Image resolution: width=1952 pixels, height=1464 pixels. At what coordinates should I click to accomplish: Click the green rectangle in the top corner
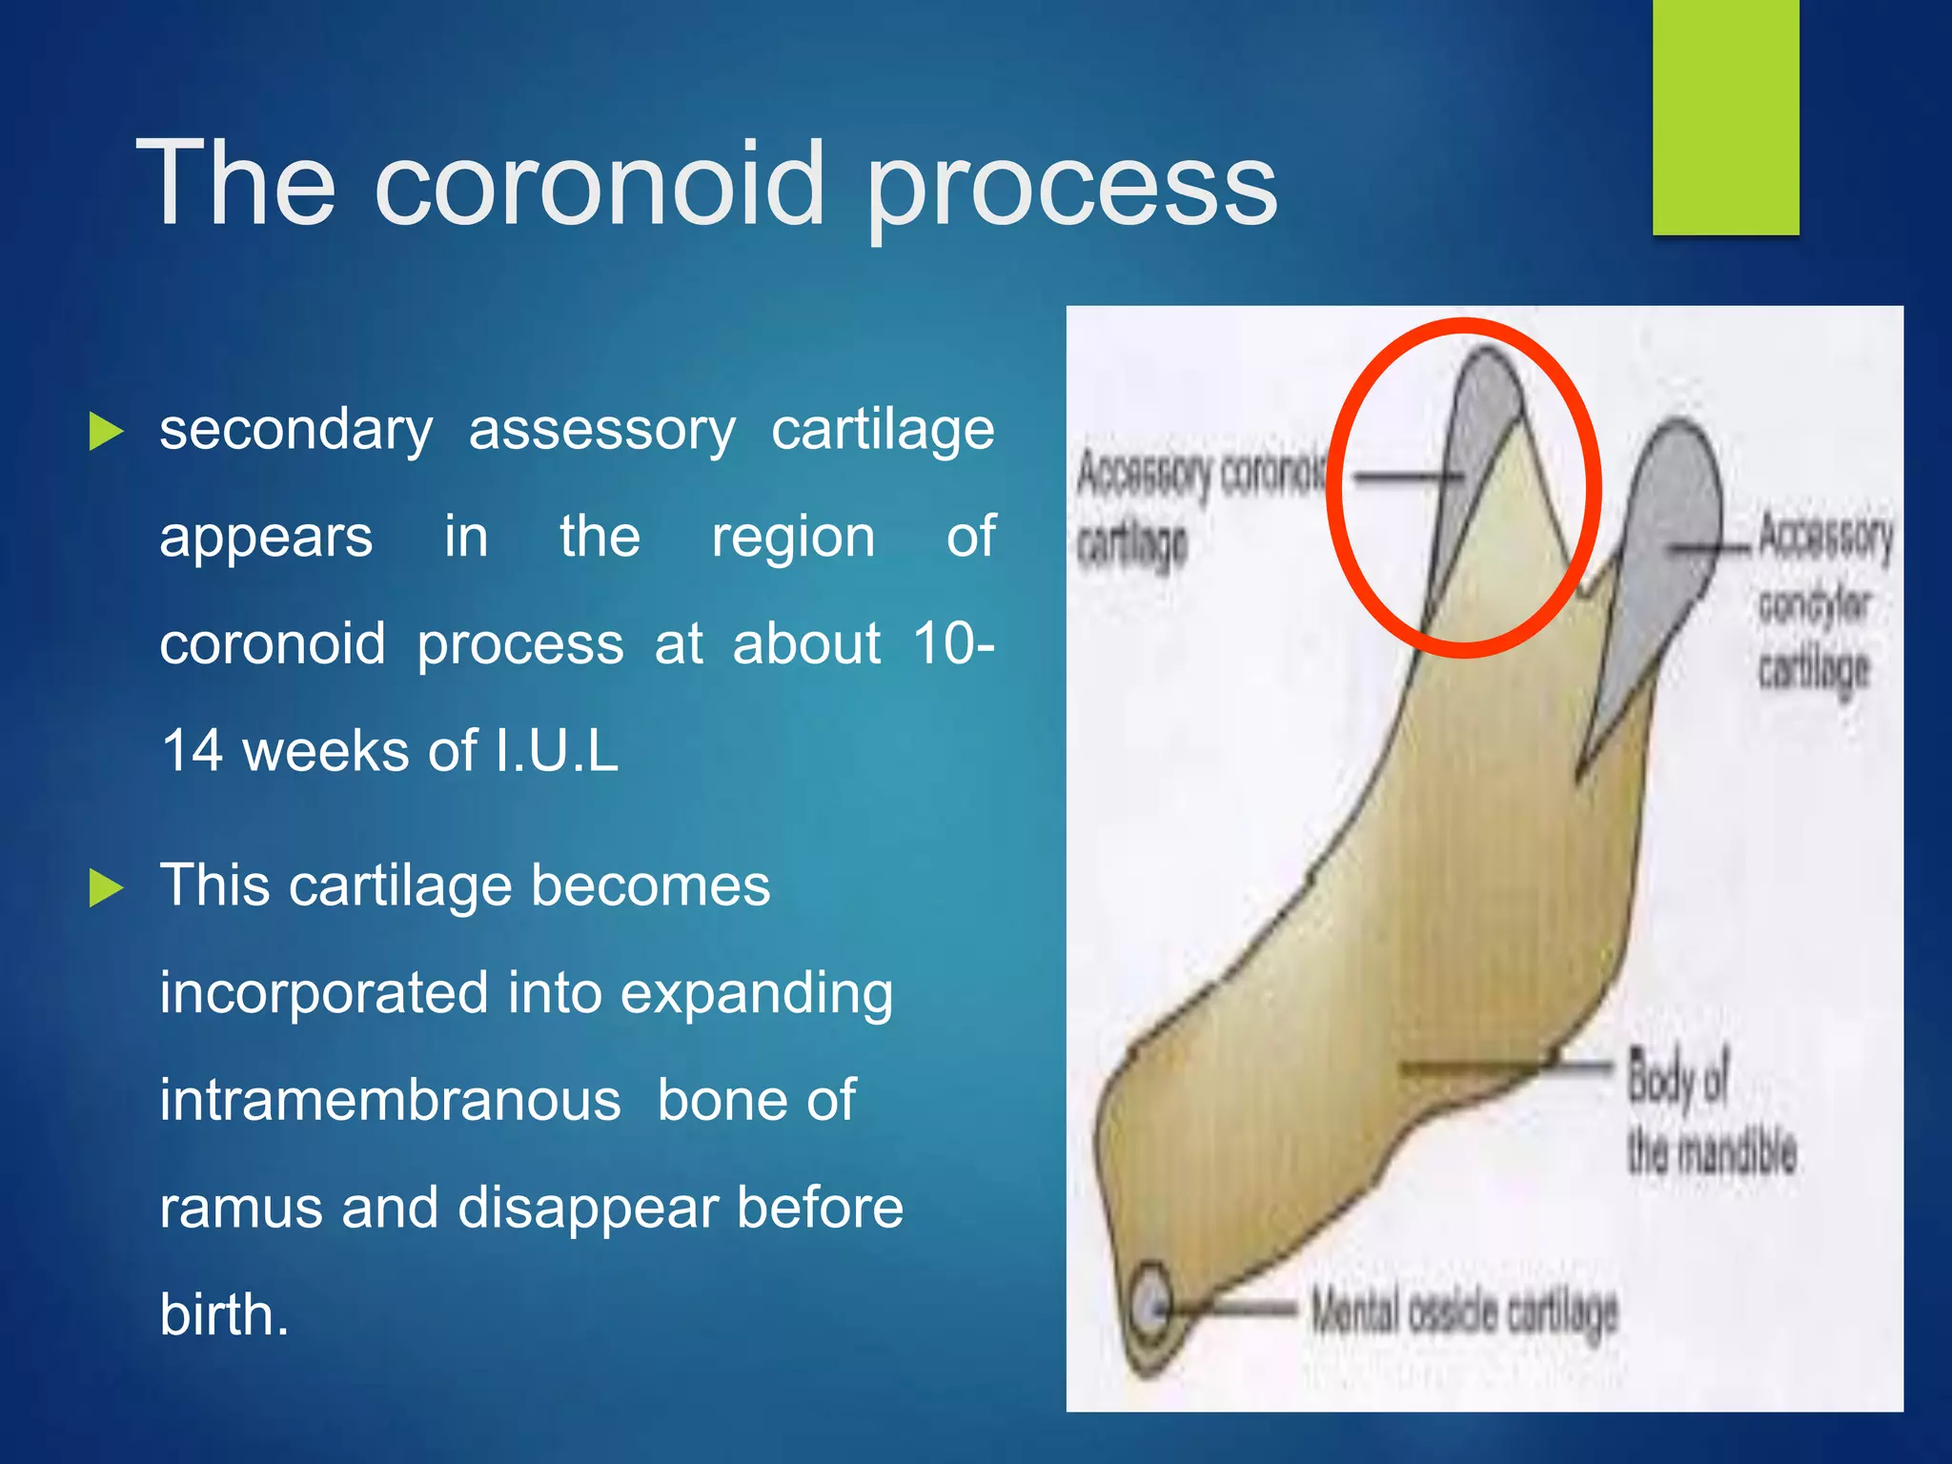click(x=1725, y=116)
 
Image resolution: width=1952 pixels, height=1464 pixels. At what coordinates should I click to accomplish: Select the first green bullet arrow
click(x=106, y=431)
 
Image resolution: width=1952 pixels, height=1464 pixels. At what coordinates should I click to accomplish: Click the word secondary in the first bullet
click(x=295, y=431)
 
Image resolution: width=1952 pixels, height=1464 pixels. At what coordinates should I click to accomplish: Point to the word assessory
click(x=601, y=431)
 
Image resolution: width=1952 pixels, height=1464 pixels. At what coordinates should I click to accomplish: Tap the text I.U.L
click(x=557, y=751)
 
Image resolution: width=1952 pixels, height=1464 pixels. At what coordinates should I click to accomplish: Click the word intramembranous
click(x=390, y=1101)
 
